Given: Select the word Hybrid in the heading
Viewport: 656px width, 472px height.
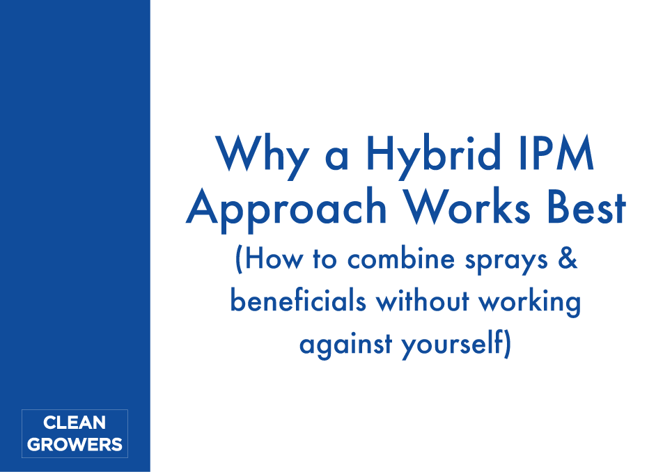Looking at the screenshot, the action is tap(434, 155).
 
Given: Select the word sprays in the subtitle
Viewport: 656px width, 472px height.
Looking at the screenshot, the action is tap(506, 261).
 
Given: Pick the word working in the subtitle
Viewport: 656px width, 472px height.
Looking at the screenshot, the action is tap(530, 302).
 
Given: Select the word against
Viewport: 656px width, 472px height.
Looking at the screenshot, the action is tap(346, 345).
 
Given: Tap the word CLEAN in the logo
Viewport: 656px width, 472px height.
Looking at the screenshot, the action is tap(75, 423).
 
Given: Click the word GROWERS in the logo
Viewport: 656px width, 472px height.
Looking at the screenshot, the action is tap(75, 444).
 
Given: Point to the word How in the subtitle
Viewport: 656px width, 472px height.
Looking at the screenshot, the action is tap(273, 258).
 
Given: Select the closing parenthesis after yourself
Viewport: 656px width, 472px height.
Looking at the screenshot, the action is tap(508, 344).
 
